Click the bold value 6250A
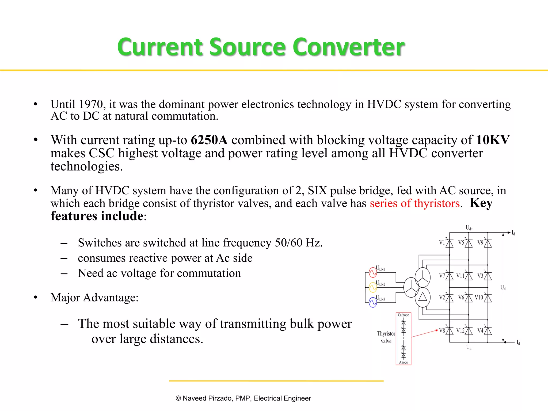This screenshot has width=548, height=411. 209,140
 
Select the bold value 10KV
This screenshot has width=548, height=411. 493,140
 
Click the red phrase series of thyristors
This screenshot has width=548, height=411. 415,203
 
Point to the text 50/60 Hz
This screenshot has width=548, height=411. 298,243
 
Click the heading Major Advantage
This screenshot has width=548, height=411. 94,298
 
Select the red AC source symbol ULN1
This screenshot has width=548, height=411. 373,273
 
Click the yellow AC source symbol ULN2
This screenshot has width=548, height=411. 373,288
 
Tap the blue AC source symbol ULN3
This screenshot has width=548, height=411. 373,303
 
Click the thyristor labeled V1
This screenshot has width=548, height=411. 449,243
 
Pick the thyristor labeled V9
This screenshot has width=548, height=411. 488,243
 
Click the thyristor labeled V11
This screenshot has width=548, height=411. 469,276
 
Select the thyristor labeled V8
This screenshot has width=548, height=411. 449,331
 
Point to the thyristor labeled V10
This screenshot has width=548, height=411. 488,298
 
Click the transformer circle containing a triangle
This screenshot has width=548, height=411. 423,297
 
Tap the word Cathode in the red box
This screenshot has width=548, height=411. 403,315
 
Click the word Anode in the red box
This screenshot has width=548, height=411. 403,362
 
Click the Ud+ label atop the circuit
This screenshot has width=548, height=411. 469,228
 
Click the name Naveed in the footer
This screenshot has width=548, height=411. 194,398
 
